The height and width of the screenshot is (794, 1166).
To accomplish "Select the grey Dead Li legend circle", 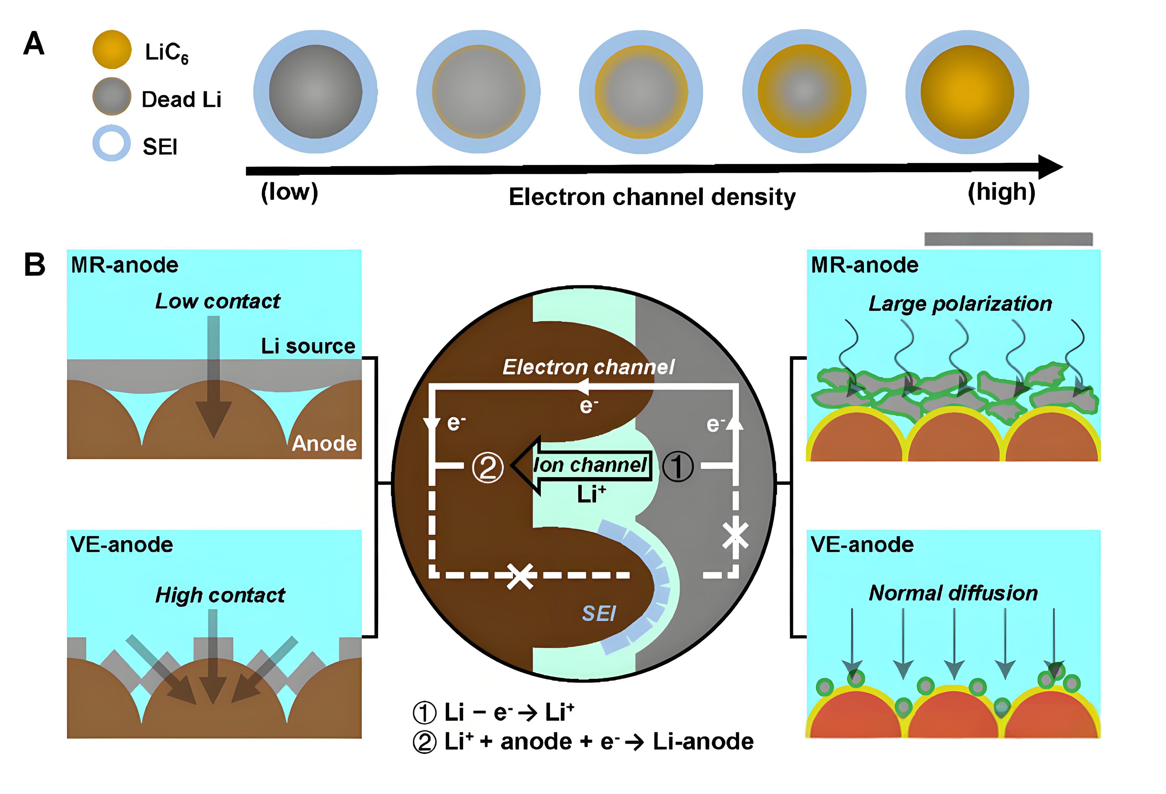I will coord(111,96).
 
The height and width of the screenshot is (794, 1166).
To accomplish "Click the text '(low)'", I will coord(290,192).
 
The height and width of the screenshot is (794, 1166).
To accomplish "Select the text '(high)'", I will coord(1001,192).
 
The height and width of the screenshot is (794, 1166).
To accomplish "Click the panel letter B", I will coord(35,264).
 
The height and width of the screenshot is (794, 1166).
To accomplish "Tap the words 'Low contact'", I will coord(217,301).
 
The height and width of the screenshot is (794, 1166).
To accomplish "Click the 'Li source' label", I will coord(307,346).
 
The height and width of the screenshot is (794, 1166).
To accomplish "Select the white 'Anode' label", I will coord(324,443).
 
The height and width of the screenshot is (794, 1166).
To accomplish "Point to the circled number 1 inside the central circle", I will coord(678,466).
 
